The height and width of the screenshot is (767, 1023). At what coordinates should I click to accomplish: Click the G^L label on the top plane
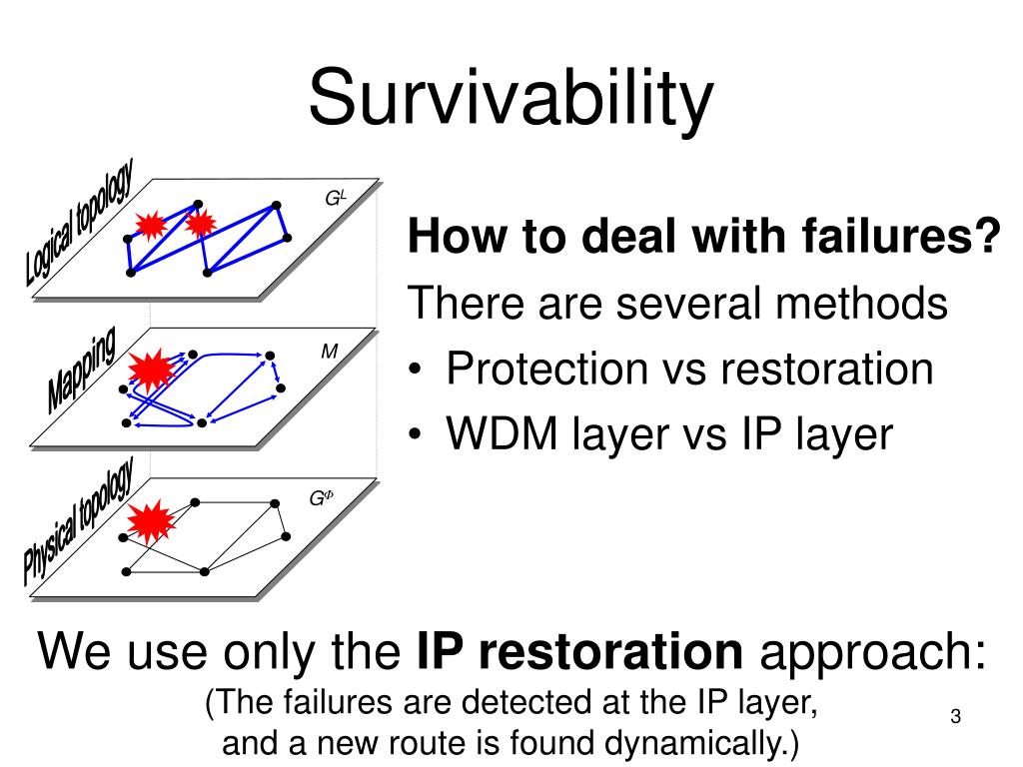tap(335, 198)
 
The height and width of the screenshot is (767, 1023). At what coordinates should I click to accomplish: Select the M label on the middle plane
tap(329, 352)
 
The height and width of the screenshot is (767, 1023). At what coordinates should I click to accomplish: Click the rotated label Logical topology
tap(80, 226)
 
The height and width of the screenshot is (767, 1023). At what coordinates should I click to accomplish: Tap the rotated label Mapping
tap(80, 371)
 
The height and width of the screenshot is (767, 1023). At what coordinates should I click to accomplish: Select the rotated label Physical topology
tap(78, 521)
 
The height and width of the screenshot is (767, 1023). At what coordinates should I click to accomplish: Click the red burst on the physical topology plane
tap(151, 520)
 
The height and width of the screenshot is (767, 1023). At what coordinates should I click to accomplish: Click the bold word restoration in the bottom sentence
tap(579, 654)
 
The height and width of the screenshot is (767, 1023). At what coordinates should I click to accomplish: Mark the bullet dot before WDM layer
tap(419, 436)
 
